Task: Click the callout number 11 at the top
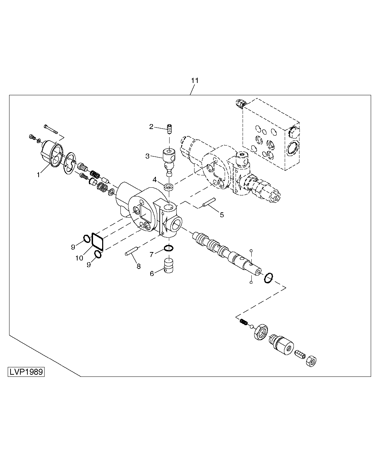click(195, 80)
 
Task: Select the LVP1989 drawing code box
click(26, 372)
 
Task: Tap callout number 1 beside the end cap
click(39, 174)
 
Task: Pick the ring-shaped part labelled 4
click(169, 186)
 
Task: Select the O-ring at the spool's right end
click(268, 278)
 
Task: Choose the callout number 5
click(222, 215)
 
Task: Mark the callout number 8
click(138, 266)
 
